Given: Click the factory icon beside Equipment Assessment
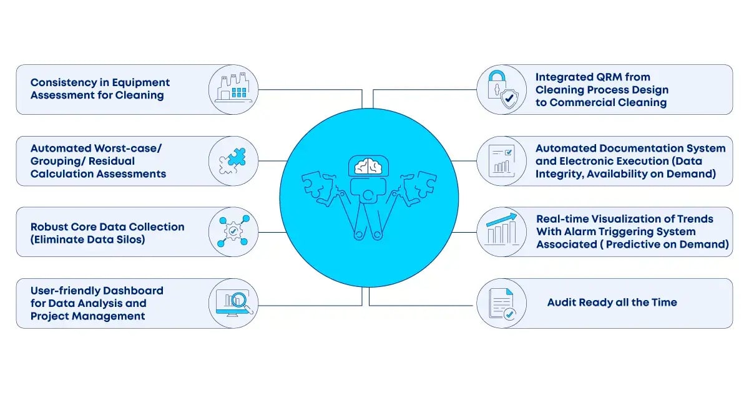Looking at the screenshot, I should coord(232,89).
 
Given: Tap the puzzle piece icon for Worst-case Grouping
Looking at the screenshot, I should coord(232,160).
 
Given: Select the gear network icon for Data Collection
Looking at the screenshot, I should coord(232,231).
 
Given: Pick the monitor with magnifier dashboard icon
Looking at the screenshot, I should coord(232,303).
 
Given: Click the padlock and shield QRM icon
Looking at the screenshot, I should coord(502,89).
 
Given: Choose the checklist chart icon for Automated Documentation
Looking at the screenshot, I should coord(502,160).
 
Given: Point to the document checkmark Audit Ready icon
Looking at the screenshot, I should coord(502,303).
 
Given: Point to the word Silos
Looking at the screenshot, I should coord(127,239).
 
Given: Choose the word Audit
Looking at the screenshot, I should coord(562,303).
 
